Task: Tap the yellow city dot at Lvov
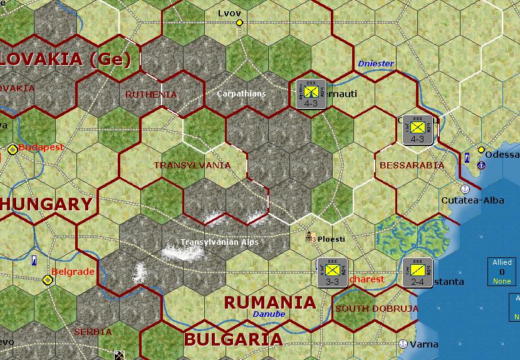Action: [x=239, y=23]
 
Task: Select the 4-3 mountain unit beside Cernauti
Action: [x=311, y=94]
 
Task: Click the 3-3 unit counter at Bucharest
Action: [x=332, y=272]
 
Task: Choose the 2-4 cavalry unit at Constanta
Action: [x=417, y=272]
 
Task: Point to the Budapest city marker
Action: [x=13, y=149]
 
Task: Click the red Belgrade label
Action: [x=73, y=272]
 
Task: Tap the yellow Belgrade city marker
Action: [x=48, y=279]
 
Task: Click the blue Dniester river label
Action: [x=375, y=63]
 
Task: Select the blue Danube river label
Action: [x=269, y=314]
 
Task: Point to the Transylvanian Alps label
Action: [x=219, y=242]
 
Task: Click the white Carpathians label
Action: [x=241, y=93]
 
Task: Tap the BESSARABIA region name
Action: [x=412, y=165]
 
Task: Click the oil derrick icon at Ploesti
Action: [x=310, y=238]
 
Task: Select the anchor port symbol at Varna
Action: [x=403, y=344]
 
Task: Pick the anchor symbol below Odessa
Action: [x=481, y=165]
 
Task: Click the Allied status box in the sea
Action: [x=502, y=272]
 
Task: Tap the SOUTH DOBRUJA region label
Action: [x=368, y=309]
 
